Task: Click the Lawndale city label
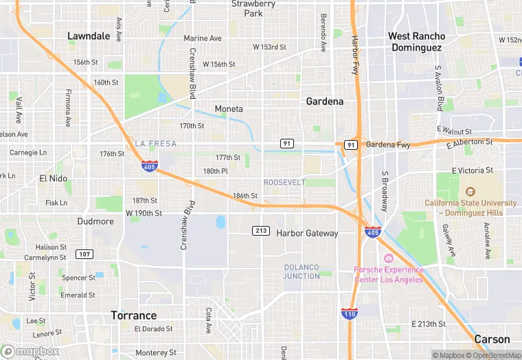tap(89, 36)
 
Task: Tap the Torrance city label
tap(134, 315)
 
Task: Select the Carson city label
tap(492, 339)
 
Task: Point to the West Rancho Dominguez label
tap(417, 42)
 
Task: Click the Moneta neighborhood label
tap(229, 109)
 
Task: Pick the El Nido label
tap(53, 178)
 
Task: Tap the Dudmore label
tap(95, 221)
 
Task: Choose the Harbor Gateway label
tap(307, 233)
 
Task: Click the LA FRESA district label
tap(156, 144)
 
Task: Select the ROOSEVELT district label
tap(284, 182)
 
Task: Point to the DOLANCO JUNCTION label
tap(302, 271)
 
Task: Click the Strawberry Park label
tap(253, 8)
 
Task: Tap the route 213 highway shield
tap(260, 229)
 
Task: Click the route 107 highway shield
tap(84, 254)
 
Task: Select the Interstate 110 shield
tap(349, 313)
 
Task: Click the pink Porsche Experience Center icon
tap(388, 258)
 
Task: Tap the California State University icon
tap(470, 192)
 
